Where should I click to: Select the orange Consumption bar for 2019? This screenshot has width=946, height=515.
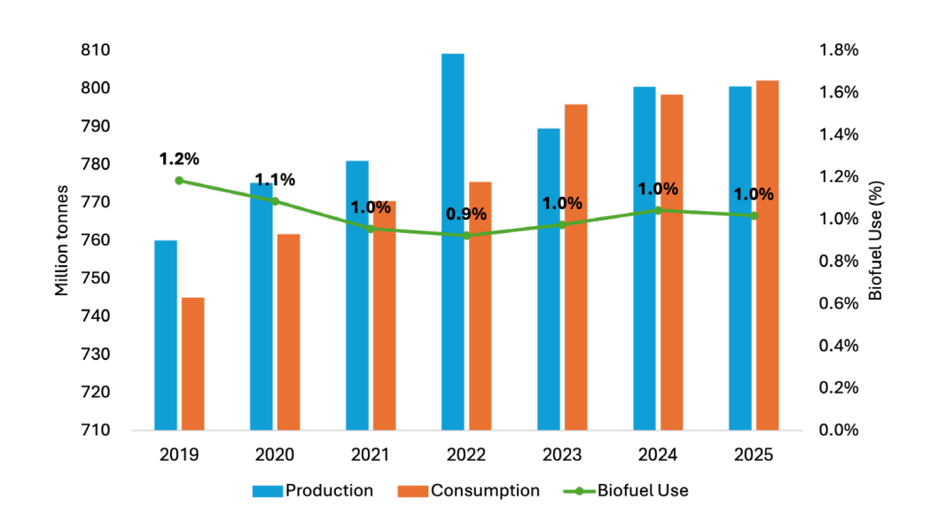[x=192, y=363]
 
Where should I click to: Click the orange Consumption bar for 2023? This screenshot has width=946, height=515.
[x=575, y=267]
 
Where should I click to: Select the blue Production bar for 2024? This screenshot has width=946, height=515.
[x=645, y=258]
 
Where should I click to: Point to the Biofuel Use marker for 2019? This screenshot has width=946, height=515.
[x=179, y=181]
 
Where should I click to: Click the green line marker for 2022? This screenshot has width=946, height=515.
[x=466, y=235]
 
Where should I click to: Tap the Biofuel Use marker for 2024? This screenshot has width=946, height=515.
[x=658, y=210]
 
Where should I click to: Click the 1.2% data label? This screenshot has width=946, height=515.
[x=179, y=160]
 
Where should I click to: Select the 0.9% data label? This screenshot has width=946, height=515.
[x=466, y=215]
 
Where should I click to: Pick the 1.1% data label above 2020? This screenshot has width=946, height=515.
[x=275, y=180]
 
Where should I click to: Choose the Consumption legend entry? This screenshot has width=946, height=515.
[x=473, y=490]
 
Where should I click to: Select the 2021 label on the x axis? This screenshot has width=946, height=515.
[x=371, y=455]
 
